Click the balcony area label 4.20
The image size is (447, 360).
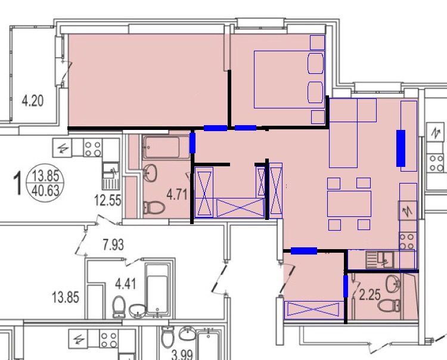[33, 101]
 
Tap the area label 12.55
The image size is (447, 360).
[108, 200]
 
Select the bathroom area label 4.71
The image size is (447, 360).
[177, 195]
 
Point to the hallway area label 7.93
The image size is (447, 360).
[113, 245]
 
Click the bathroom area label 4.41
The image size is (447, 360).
[125, 284]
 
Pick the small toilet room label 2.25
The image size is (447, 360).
[370, 294]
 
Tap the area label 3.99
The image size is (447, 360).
[182, 355]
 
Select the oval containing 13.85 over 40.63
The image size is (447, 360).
[45, 183]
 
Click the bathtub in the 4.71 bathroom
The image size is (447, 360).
[166, 147]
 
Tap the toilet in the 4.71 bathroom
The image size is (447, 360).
[154, 207]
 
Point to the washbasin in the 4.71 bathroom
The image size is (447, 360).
[150, 172]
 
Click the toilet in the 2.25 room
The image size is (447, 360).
[389, 306]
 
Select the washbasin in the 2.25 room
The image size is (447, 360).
[393, 283]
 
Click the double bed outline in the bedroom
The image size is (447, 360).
[289, 79]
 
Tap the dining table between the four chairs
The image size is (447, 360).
[349, 203]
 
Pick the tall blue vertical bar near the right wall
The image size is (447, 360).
[401, 148]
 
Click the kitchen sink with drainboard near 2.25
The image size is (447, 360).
[380, 260]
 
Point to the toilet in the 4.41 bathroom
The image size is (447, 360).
[119, 307]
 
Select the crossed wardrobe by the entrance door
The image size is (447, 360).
[313, 309]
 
